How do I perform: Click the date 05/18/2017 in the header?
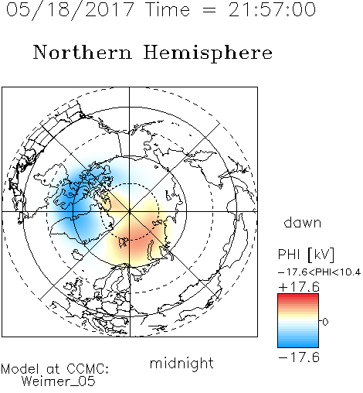tap(70, 10)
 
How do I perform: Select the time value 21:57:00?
tap(272, 9)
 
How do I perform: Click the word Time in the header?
tap(168, 9)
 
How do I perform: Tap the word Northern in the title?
tap(83, 52)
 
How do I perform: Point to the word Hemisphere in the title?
tap(208, 53)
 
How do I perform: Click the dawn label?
tap(303, 222)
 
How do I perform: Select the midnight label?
tap(181, 363)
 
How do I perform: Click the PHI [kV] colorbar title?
tap(306, 255)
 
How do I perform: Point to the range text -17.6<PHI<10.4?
tap(319, 272)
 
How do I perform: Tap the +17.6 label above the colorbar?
tap(299, 287)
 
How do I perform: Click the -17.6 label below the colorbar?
tap(299, 357)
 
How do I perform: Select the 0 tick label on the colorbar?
tap(325, 322)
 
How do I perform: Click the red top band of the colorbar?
tap(298, 297)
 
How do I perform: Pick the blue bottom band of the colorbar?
tap(298, 343)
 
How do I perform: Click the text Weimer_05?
tap(59, 381)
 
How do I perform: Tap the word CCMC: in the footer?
tap(87, 369)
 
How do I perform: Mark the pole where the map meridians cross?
tap(130, 212)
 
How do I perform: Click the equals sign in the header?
tap(209, 10)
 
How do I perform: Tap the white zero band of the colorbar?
tap(298, 321)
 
